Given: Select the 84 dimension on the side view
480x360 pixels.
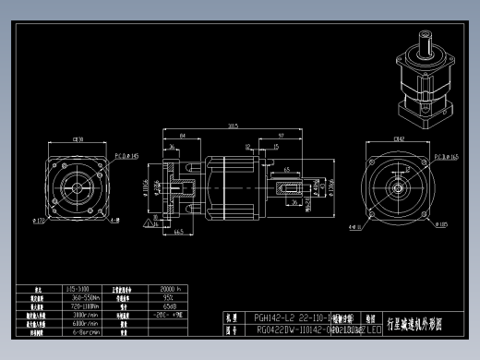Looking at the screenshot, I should coord(182,136).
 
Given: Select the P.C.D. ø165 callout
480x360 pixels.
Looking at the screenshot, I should coord(450,157).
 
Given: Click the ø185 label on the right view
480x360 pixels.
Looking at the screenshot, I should coord(442,223).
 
